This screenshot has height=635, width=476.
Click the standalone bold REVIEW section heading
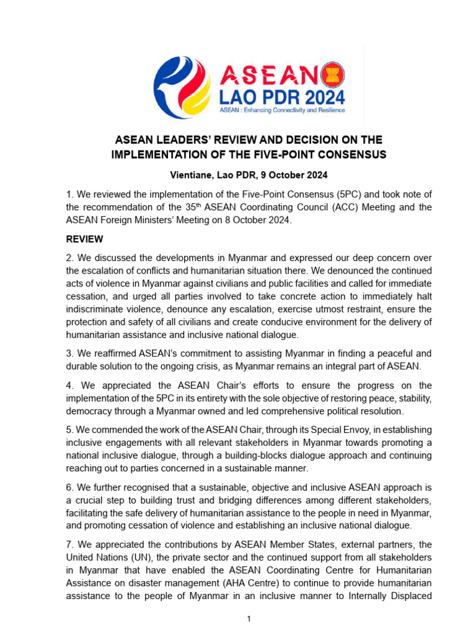85,239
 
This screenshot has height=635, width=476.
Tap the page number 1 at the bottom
249,619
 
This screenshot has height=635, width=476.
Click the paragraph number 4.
70,385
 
